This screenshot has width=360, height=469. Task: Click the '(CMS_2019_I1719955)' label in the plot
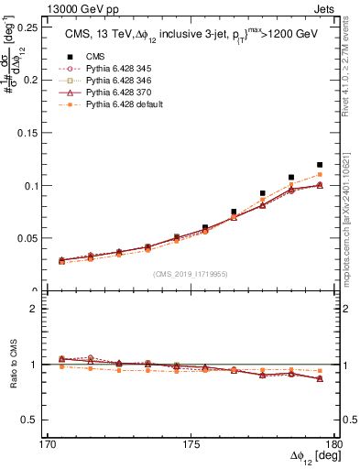pos(189,273)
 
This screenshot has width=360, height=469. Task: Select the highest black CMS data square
pos(320,165)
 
